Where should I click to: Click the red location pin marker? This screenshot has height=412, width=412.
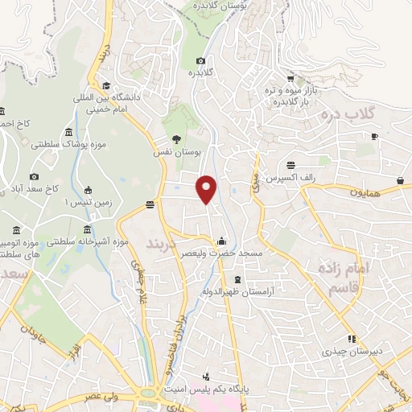click(x=207, y=187)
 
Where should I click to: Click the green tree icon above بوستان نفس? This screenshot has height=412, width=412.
click(x=177, y=138)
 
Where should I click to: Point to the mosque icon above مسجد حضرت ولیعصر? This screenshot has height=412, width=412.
click(x=221, y=241)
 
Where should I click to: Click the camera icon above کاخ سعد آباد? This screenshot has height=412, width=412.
click(x=34, y=176)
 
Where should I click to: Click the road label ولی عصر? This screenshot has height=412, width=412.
click(x=105, y=396)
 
